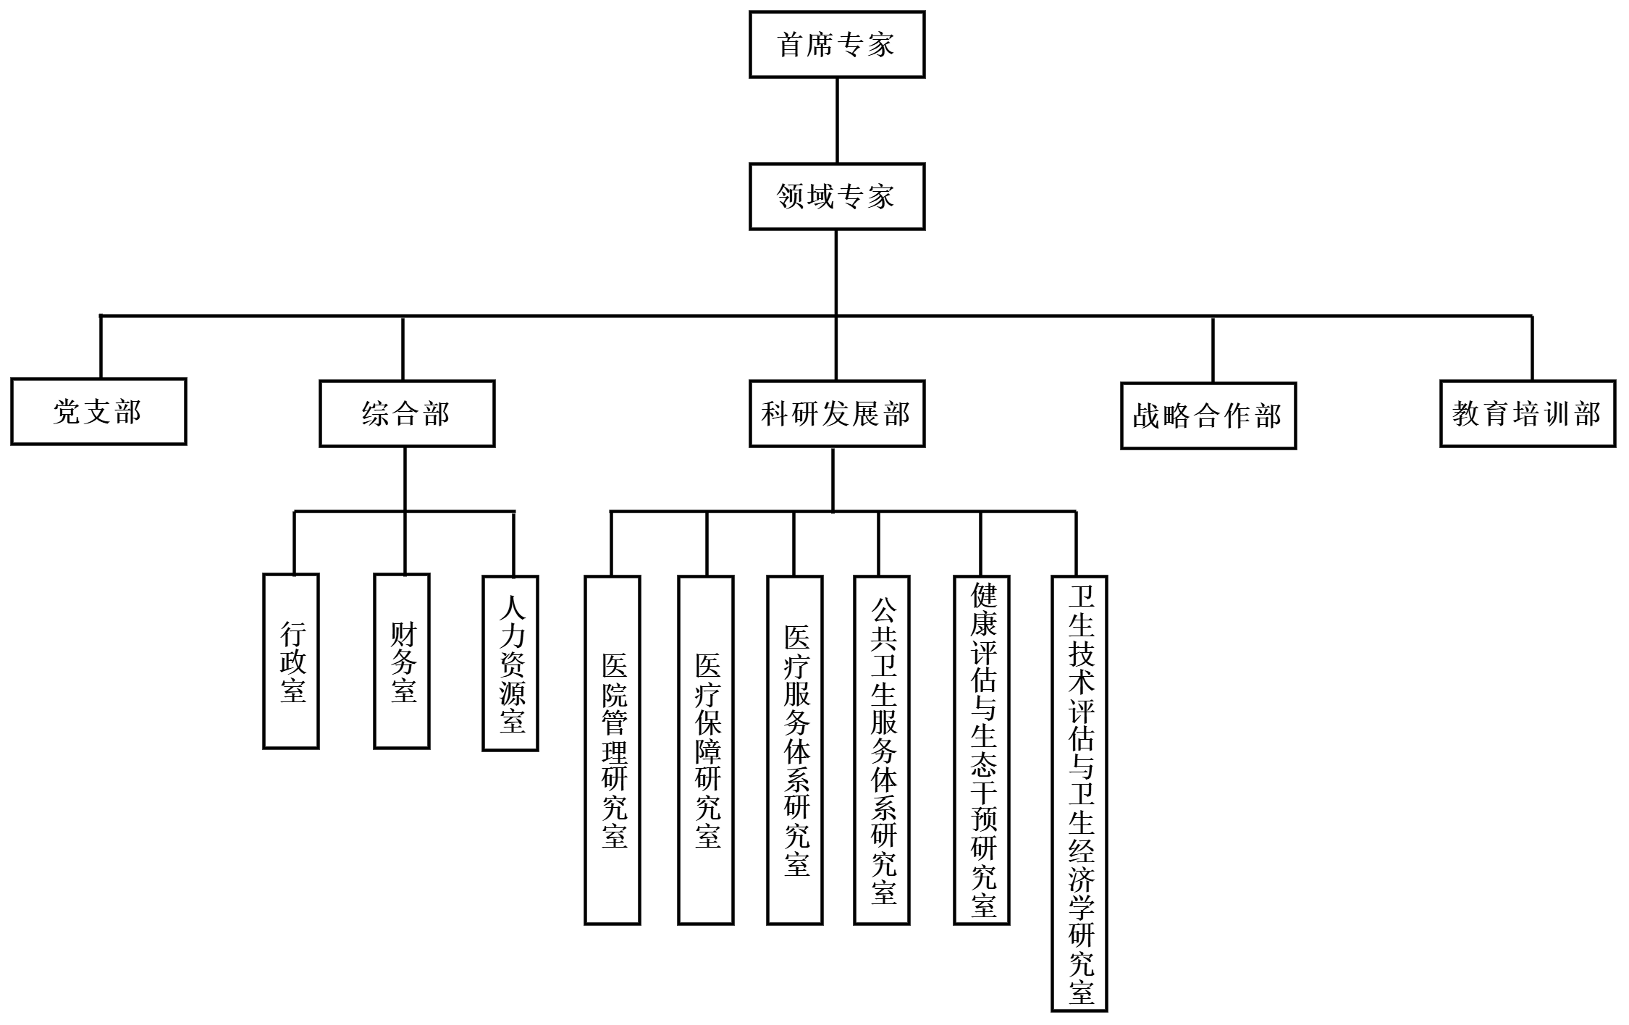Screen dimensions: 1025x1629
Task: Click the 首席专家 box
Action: (x=837, y=44)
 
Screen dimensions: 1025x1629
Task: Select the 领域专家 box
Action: (x=837, y=196)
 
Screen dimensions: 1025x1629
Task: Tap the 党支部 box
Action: (x=98, y=411)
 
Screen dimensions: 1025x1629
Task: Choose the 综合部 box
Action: (x=407, y=413)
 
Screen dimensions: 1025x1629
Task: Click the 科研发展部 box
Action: (x=837, y=413)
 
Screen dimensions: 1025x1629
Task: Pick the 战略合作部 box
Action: (x=1208, y=416)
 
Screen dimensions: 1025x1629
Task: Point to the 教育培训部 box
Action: (x=1528, y=413)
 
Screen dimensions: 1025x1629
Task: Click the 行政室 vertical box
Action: (x=291, y=661)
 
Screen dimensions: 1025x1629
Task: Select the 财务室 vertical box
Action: (x=402, y=661)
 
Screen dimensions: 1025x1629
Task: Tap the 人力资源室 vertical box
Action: (x=510, y=662)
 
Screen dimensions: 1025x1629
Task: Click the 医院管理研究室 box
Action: (x=613, y=750)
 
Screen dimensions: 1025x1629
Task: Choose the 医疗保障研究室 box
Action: (x=706, y=750)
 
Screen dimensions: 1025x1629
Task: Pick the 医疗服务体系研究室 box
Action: (x=795, y=750)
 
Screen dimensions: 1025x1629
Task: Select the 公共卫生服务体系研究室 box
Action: (x=882, y=750)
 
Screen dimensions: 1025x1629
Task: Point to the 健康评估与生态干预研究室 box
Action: (x=982, y=750)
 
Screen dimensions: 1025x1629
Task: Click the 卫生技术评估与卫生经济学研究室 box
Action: (x=1079, y=793)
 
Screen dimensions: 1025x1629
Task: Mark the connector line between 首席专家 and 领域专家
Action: (x=837, y=120)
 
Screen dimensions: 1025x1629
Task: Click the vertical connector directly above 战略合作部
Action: (x=1213, y=350)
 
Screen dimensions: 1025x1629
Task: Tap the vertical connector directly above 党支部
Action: (x=101, y=347)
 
